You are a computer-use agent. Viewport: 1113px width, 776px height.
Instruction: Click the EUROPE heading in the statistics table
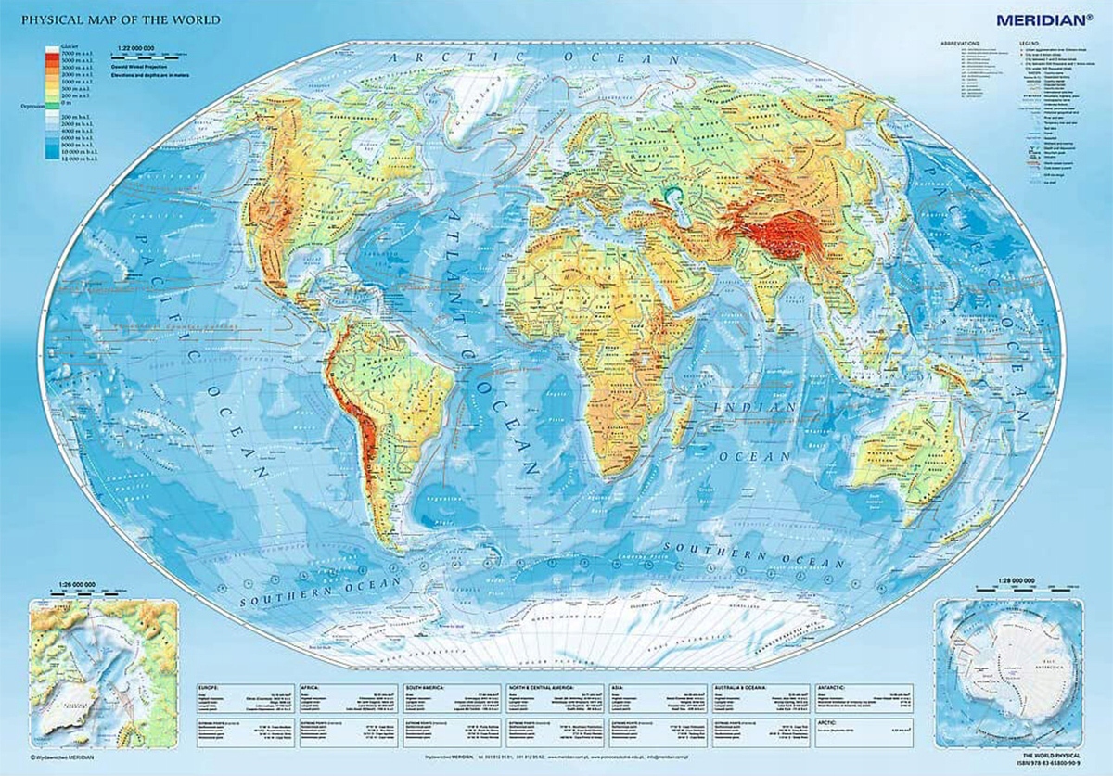tap(209, 687)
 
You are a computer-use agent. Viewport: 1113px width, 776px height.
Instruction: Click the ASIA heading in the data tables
tap(618, 687)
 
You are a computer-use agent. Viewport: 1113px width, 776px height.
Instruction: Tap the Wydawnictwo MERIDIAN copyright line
tap(62, 759)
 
